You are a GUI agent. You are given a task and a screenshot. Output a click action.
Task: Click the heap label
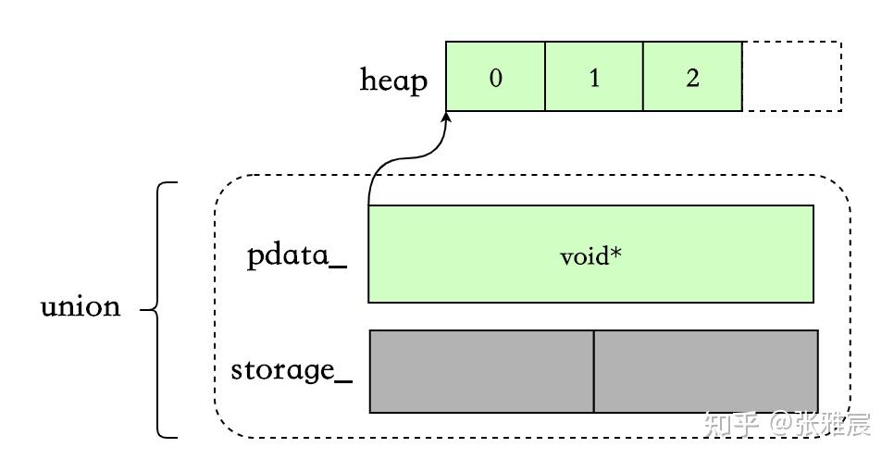394,81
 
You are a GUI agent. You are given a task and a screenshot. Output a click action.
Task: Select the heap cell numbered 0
495,77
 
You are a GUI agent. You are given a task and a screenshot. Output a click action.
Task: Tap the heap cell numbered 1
594,77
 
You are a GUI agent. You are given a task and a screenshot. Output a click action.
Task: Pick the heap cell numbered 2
692,77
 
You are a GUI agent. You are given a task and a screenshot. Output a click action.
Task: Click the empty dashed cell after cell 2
792,77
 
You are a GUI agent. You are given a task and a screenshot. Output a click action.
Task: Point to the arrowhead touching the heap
447,118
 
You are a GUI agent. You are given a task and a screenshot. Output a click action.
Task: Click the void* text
590,255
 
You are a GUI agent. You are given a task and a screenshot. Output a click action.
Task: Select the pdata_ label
297,255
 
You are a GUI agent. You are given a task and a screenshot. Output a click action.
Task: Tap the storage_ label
292,370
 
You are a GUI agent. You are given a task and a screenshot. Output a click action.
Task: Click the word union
81,306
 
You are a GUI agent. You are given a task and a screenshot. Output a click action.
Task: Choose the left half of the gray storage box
481,371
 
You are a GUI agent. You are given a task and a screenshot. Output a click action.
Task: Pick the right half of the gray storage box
706,371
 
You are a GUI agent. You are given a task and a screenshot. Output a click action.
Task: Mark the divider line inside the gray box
593,371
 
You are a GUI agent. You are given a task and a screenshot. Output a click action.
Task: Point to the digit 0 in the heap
496,78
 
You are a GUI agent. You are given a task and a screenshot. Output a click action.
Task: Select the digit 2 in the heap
692,78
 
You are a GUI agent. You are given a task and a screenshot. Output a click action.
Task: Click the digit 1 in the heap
594,78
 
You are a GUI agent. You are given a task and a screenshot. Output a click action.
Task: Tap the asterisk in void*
615,252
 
